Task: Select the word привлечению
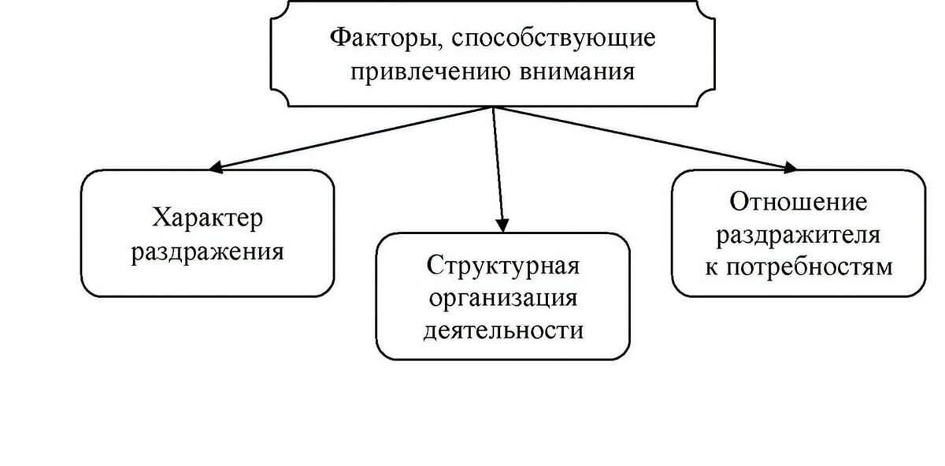tap(430, 73)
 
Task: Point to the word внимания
tap(577, 73)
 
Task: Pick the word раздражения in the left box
tap(208, 253)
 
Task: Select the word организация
tap(503, 299)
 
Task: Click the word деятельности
tap(503, 330)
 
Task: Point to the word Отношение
tap(799, 203)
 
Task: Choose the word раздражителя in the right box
tap(799, 235)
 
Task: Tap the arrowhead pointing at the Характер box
tap(216, 167)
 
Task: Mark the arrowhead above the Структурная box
tap(502, 226)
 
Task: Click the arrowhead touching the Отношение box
tap(790, 167)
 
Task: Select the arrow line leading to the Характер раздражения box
tap(351, 138)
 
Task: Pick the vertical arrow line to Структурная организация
tap(498, 170)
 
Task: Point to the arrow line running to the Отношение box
tap(646, 138)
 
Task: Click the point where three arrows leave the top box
tap(494, 107)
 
